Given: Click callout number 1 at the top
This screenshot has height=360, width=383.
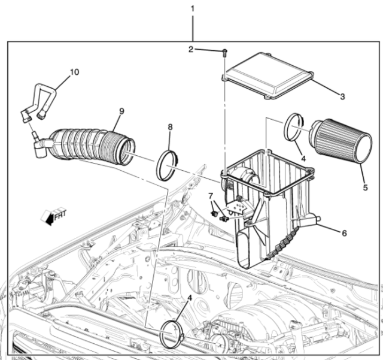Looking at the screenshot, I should click(x=192, y=9).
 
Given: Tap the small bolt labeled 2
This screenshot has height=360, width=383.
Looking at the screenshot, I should click(x=223, y=53).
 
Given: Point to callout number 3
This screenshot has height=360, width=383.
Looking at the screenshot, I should click(x=342, y=96).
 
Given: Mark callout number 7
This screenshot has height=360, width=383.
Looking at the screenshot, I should click(x=211, y=196).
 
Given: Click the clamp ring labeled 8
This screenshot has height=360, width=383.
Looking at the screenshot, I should click(x=168, y=164).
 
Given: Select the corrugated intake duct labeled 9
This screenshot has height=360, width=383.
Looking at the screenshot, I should click(x=90, y=147).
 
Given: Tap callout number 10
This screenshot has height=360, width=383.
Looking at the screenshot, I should click(x=74, y=72).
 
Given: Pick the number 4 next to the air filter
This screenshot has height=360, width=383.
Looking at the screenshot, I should click(x=303, y=159).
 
